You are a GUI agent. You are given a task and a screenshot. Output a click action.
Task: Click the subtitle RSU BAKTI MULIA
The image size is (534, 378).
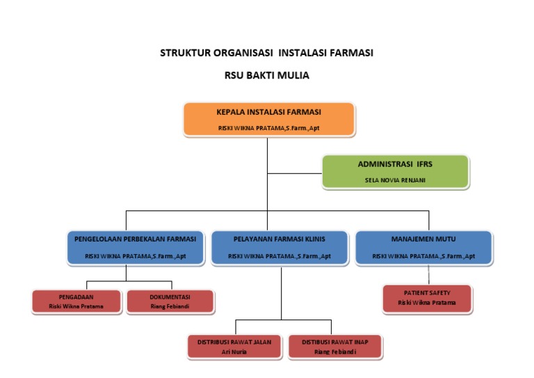click(x=267, y=75)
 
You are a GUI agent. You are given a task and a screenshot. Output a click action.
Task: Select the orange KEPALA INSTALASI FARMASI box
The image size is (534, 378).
click(x=269, y=119)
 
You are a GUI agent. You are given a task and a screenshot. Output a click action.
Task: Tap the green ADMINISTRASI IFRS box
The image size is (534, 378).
click(x=395, y=171)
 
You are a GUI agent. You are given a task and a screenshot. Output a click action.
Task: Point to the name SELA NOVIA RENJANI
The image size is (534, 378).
click(x=395, y=180)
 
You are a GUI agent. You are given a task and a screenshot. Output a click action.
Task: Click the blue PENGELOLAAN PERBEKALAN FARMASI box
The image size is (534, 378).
click(x=136, y=247)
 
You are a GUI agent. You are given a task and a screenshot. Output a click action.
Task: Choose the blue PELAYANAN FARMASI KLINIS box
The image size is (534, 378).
click(x=280, y=247)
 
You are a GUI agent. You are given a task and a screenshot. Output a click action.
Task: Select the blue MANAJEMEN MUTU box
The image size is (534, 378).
click(x=423, y=247)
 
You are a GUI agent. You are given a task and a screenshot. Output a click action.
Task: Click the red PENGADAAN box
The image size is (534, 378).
click(x=76, y=301)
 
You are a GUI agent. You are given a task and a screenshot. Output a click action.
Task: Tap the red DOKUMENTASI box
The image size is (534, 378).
click(x=170, y=301)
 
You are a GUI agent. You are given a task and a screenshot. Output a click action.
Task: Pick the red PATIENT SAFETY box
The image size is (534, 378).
click(x=427, y=298)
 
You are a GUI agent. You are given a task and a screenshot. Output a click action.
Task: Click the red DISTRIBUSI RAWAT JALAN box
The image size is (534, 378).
click(x=234, y=346)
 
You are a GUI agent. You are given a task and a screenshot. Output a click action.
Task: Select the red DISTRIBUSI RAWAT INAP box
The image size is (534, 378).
click(x=335, y=346)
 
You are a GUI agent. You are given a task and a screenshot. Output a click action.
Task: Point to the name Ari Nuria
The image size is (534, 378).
click(x=234, y=352)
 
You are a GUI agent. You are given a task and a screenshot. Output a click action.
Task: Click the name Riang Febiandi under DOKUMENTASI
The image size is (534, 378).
click(x=170, y=306)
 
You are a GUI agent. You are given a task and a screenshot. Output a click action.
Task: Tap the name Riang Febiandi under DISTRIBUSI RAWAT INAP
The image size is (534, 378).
click(x=335, y=352)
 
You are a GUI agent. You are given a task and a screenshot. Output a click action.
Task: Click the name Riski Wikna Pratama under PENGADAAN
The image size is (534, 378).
click(x=76, y=306)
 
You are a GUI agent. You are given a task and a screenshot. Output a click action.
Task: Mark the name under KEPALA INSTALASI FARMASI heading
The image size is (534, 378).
click(x=269, y=128)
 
